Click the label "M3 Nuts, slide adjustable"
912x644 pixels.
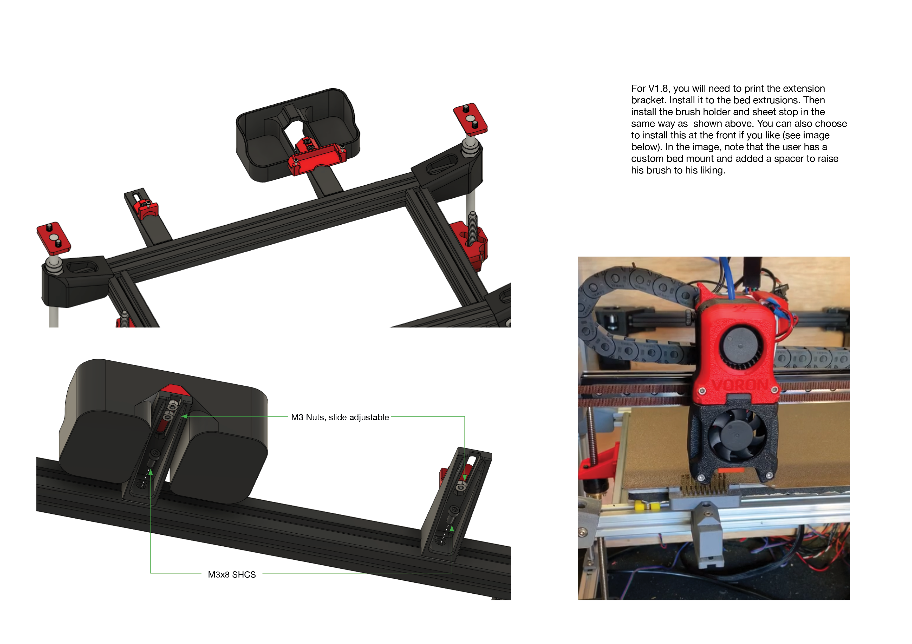pyautogui.click(x=340, y=417)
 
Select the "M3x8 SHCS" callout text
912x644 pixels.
pyautogui.click(x=232, y=575)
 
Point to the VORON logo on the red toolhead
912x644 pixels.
pyautogui.click(x=740, y=385)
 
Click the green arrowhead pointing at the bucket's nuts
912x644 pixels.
pyautogui.click(x=184, y=416)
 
